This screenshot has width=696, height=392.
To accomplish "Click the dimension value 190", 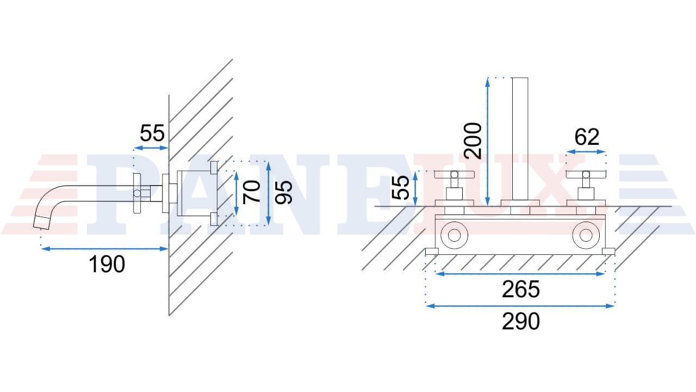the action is [x=107, y=264].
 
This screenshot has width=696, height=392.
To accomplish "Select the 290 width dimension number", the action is [x=521, y=321].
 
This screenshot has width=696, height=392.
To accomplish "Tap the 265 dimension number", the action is [x=521, y=289].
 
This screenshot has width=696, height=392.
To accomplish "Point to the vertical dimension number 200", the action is [x=473, y=140].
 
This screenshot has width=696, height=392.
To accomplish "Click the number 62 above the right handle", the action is [x=587, y=137].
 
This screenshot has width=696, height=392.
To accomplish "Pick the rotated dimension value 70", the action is [x=252, y=192].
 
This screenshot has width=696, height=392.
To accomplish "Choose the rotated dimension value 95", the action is [x=284, y=192].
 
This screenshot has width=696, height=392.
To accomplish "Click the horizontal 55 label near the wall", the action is [x=152, y=133].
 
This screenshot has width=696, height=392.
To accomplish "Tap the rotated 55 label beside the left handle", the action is [x=401, y=188].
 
